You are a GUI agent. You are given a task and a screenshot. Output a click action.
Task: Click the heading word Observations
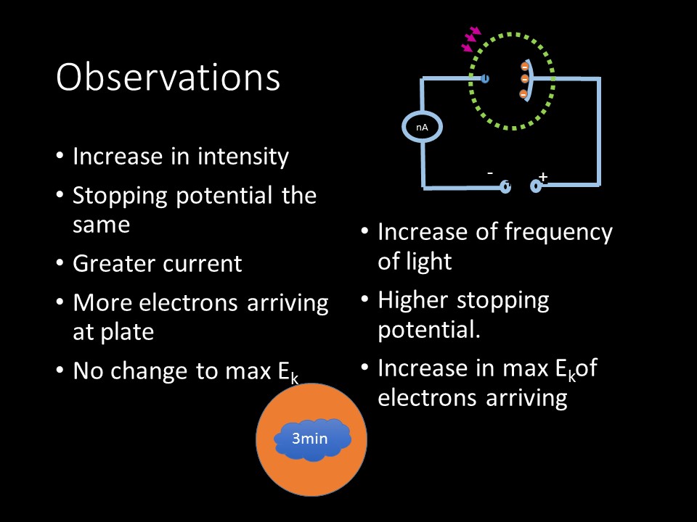(168, 77)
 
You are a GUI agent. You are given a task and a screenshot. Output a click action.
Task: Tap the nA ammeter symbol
(422, 128)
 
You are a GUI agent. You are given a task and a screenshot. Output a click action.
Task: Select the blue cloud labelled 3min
(312, 439)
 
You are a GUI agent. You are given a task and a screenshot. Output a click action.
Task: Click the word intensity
(243, 157)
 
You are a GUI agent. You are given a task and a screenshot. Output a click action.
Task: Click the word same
(102, 225)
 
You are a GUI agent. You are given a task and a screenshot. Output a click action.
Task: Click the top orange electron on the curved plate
(524, 67)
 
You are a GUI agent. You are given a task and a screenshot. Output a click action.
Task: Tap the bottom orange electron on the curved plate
(523, 94)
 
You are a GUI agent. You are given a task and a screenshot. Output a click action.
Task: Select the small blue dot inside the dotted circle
(485, 79)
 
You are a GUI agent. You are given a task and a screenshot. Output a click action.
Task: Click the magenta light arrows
(471, 38)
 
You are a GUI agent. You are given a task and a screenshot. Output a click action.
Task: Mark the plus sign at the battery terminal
(543, 177)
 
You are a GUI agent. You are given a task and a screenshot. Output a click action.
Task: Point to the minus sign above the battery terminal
(490, 173)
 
